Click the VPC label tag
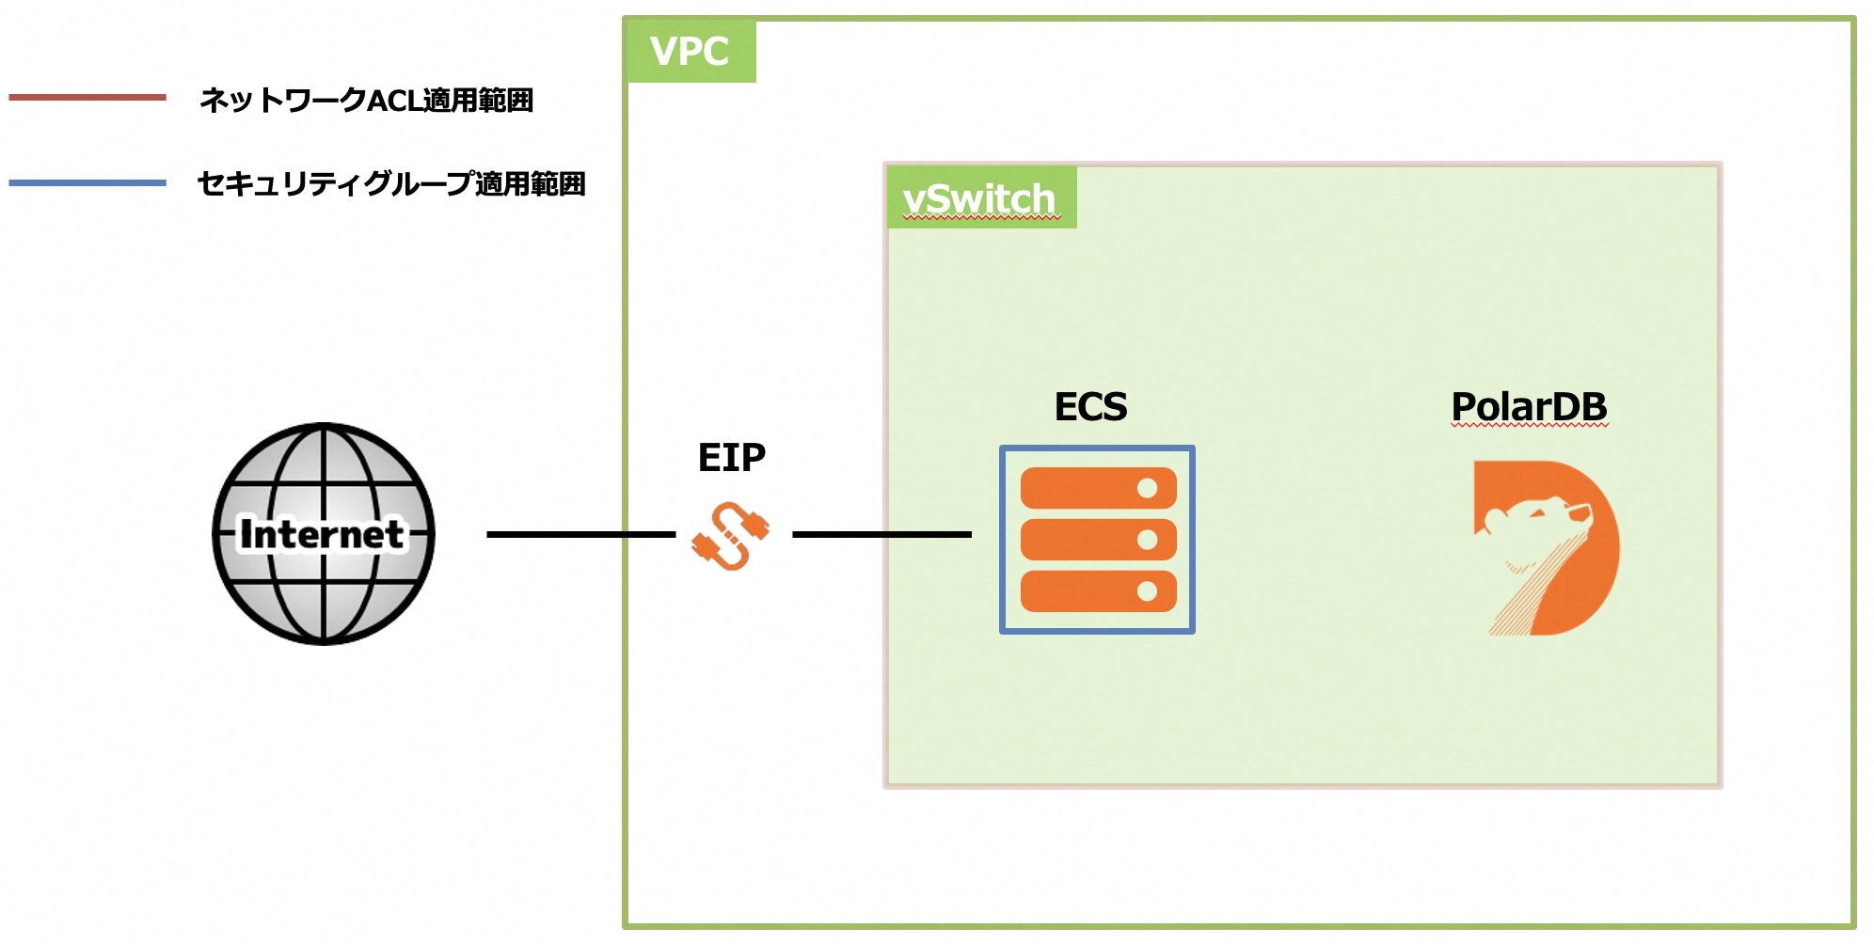[691, 52]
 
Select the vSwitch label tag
[980, 198]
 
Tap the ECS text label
[1090, 407]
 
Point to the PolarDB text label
[1529, 407]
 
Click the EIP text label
[731, 458]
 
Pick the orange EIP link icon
[731, 536]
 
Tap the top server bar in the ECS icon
[1082, 488]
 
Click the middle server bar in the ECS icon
[1082, 540]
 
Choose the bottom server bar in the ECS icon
[1082, 591]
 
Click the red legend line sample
[87, 97]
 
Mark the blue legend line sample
[87, 182]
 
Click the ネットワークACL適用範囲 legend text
[366, 100]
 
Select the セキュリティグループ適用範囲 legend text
[390, 183]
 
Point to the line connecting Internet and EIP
[580, 534]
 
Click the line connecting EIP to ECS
[881, 534]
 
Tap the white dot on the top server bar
[1147, 488]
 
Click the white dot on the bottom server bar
[1147, 591]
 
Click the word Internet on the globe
[322, 534]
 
